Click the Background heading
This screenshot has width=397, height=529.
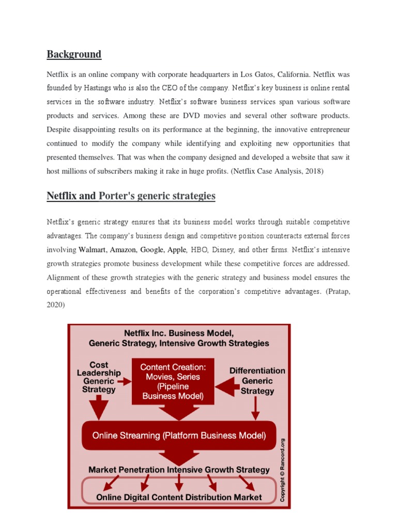pyautogui.click(x=74, y=54)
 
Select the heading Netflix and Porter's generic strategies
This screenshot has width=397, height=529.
pyautogui.click(x=131, y=196)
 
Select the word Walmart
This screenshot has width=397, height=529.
pyautogui.click(x=92, y=250)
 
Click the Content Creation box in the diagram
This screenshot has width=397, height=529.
pyautogui.click(x=173, y=381)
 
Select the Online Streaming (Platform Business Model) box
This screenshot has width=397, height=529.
pyautogui.click(x=179, y=435)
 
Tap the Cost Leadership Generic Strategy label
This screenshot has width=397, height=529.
pyautogui.click(x=98, y=377)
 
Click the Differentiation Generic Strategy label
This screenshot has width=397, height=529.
pyautogui.click(x=257, y=381)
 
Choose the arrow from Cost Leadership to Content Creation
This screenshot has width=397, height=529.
pyautogui.click(x=124, y=382)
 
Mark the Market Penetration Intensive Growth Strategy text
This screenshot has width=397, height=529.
pyautogui.click(x=179, y=470)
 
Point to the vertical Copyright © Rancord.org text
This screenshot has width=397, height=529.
pyautogui.click(x=282, y=470)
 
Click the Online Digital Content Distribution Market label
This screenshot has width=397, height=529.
pyautogui.click(x=179, y=497)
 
